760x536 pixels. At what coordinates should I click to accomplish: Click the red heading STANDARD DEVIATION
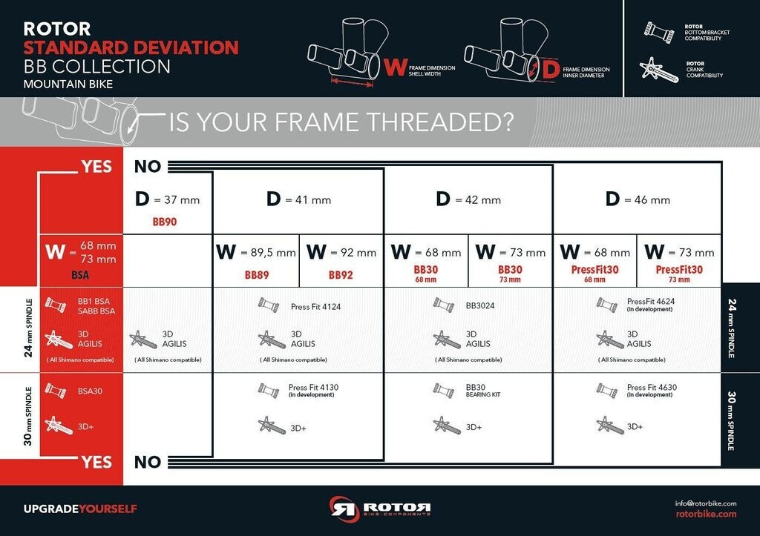pos(131,47)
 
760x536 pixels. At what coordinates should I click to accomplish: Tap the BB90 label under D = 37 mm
pos(164,222)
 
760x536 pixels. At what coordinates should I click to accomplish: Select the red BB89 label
pos(256,275)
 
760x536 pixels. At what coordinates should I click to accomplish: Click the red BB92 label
pos(340,275)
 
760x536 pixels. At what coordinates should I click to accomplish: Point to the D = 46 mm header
pos(638,199)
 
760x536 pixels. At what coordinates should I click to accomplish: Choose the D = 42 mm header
pos(468,199)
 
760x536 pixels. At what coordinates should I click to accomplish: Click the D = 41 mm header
pos(298,199)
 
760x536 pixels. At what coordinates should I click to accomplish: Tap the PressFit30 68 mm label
pos(594,273)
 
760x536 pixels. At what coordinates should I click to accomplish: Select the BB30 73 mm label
pos(510,273)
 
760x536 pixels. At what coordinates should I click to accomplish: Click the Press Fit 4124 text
pos(315,306)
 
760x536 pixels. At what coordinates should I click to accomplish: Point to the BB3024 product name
pos(480,305)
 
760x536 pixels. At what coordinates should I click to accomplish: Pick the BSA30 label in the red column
pos(90,391)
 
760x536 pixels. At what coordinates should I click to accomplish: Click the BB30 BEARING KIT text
pos(482,390)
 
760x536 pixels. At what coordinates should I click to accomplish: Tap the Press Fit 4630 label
pos(652,387)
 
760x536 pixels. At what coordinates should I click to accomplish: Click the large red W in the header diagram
pos(395,67)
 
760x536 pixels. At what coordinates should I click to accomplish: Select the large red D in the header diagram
pos(551,70)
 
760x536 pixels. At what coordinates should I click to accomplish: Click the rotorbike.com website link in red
pos(707,514)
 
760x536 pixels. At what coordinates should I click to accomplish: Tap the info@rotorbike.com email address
pos(706,503)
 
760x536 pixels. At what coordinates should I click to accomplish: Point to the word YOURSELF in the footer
pos(108,509)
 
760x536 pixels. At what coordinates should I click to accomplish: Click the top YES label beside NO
pos(96,167)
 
